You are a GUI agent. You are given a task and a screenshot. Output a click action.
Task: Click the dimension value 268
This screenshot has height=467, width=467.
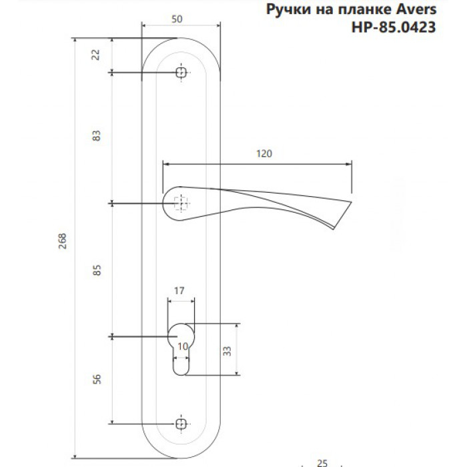[x=62, y=241]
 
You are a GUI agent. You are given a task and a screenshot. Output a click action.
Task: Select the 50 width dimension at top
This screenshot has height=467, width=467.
[x=177, y=19]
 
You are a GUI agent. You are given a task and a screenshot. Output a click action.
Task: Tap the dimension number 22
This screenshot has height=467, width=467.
[x=95, y=55]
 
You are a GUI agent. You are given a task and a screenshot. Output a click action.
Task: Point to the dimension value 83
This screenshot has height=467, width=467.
[x=97, y=135]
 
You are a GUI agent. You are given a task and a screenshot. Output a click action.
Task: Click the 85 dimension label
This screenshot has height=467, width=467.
[x=97, y=270]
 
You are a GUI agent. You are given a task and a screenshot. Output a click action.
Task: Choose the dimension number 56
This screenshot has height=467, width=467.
[x=97, y=379]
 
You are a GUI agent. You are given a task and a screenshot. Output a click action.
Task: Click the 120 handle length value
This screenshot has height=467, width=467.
[x=264, y=153]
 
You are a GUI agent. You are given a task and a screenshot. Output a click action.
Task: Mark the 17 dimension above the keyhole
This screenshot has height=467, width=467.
[x=179, y=290]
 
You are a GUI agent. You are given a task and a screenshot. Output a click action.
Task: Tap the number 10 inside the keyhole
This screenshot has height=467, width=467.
[x=183, y=346]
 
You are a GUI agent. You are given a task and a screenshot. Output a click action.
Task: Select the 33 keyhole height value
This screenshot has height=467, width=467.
[x=227, y=351]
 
